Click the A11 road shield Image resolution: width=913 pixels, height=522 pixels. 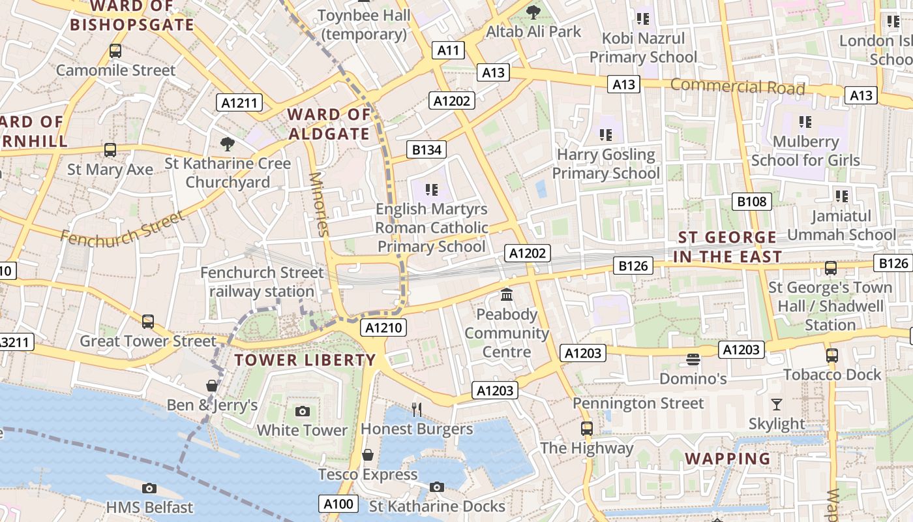[449, 50]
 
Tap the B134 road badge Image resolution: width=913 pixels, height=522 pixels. [427, 150]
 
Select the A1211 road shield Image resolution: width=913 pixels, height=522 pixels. [241, 102]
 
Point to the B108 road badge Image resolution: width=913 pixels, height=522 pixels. [752, 202]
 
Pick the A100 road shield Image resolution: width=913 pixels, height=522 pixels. [338, 504]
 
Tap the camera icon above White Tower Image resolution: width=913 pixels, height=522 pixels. [302, 411]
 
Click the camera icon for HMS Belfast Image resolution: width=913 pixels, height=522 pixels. [149, 488]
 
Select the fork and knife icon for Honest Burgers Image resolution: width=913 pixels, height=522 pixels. [417, 409]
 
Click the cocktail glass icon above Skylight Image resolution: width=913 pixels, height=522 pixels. [776, 405]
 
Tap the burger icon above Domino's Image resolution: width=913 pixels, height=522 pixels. [693, 359]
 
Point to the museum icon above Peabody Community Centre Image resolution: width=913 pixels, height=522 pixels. [507, 295]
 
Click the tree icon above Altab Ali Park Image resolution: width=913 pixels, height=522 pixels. [533, 12]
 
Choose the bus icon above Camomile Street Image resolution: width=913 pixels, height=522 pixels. [115, 50]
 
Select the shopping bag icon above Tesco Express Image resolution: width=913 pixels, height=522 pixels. [368, 455]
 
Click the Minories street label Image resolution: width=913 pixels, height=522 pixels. [319, 204]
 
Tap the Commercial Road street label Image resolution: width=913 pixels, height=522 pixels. [738, 86]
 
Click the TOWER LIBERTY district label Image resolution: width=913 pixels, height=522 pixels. [305, 360]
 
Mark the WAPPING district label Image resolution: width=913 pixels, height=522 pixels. [728, 459]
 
